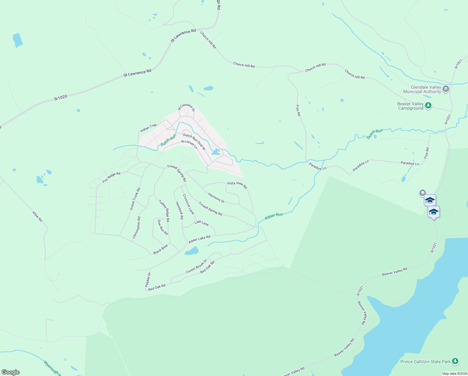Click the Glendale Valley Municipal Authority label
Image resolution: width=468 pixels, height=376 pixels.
pyautogui.click(x=422, y=90)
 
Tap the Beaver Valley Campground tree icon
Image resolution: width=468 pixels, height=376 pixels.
pyautogui.click(x=428, y=106)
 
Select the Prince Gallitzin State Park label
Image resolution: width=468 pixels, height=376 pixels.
pyautogui.click(x=425, y=362)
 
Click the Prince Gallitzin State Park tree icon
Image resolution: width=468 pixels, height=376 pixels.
pyautogui.click(x=455, y=361)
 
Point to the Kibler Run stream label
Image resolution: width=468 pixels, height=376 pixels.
pyautogui.click(x=274, y=216)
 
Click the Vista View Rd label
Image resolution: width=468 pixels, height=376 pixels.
pyautogui.click(x=237, y=185)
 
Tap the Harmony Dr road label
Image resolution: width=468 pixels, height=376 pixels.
pyautogui.click(x=216, y=198)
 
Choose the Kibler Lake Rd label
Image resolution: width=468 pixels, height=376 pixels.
pyautogui.click(x=200, y=239)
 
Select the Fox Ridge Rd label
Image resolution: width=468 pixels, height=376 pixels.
pyautogui.click(x=111, y=177)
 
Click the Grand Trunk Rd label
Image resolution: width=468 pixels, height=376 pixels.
pyautogui.click(x=135, y=199)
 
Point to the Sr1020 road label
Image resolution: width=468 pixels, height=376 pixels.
pyautogui.click(x=60, y=97)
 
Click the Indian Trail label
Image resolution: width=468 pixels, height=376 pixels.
pyautogui.click(x=148, y=128)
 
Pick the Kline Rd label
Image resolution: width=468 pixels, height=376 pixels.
pyautogui.click(x=38, y=217)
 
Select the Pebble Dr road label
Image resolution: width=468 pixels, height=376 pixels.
pyautogui.click(x=148, y=279)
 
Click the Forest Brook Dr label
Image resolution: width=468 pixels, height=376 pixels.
pyautogui.click(x=196, y=266)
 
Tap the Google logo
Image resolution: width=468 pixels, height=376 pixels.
pyautogui.click(x=11, y=372)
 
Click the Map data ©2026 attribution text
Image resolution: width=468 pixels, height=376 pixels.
pyautogui.click(x=455, y=373)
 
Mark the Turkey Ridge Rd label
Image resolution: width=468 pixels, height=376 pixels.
pyautogui.click(x=164, y=211)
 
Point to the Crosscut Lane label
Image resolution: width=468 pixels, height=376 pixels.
pyautogui.click(x=188, y=204)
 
